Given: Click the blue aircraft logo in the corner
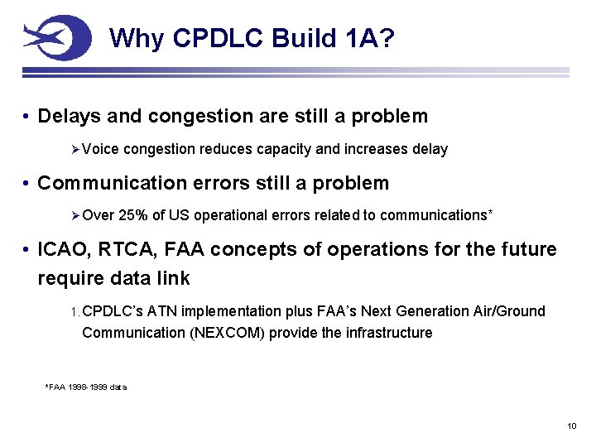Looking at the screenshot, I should [x=56, y=37].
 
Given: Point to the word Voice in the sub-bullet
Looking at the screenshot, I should [x=100, y=149].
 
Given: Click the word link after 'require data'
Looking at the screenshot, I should [x=171, y=278].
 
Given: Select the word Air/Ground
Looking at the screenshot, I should [x=508, y=311].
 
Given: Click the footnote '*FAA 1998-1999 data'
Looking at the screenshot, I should [x=85, y=387].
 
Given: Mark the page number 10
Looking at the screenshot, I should [x=571, y=425].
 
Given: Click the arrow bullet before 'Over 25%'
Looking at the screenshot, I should [x=75, y=215].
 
